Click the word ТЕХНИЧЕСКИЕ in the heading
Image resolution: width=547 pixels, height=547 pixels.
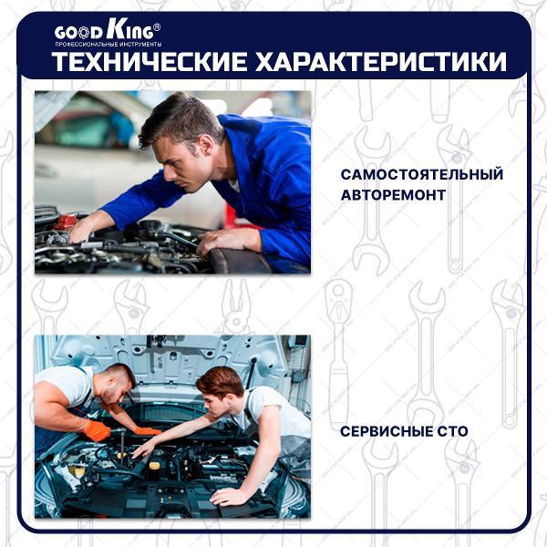[144, 62]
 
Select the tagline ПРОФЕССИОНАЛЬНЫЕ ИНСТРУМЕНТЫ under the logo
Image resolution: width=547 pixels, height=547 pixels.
[108, 44]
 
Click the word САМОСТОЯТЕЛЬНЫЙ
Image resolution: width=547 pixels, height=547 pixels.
[421, 174]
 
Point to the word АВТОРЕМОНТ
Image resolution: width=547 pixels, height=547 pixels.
[393, 195]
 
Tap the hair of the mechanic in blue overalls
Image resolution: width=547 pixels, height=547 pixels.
[178, 117]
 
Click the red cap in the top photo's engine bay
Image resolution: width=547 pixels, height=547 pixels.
[66, 222]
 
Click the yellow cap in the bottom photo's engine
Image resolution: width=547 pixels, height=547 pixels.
[154, 468]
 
